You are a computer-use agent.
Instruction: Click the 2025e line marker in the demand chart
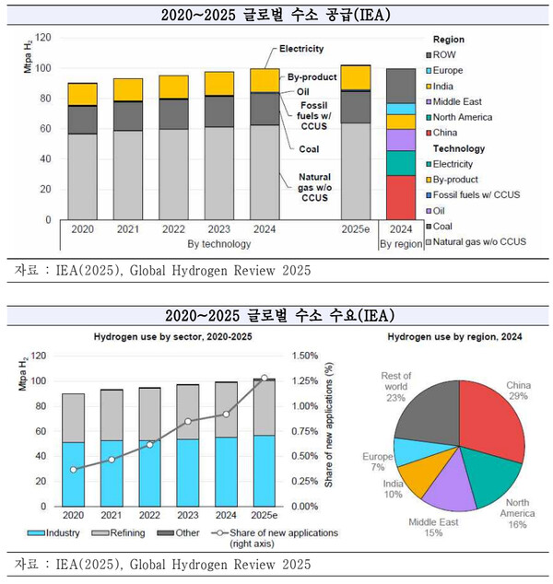[x=265, y=378]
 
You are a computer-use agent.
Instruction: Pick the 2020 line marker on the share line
[x=73, y=469]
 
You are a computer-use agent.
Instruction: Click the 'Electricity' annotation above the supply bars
[x=301, y=48]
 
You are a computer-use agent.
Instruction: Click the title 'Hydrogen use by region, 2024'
[x=455, y=337]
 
